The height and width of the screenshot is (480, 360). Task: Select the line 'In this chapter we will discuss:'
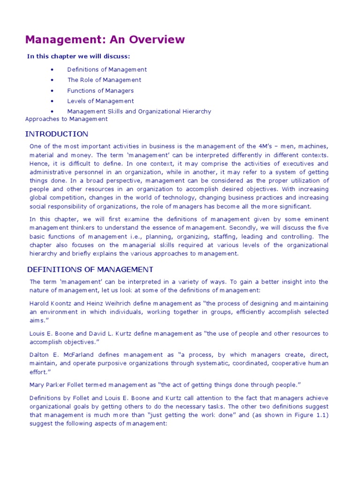pyautogui.click(x=78, y=57)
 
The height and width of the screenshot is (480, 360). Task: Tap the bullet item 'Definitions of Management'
pyautogui.click(x=107, y=69)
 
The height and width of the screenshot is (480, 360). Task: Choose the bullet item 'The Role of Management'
pyautogui.click(x=104, y=80)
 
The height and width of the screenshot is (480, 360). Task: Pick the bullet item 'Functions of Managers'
pyautogui.click(x=100, y=90)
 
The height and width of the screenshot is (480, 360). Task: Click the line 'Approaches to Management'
pyautogui.click(x=66, y=119)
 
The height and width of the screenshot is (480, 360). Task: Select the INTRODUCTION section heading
pyautogui.click(x=56, y=134)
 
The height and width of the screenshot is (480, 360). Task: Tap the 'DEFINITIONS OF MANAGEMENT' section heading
pyautogui.click(x=90, y=270)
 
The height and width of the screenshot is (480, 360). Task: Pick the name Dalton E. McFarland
pyautogui.click(x=59, y=355)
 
